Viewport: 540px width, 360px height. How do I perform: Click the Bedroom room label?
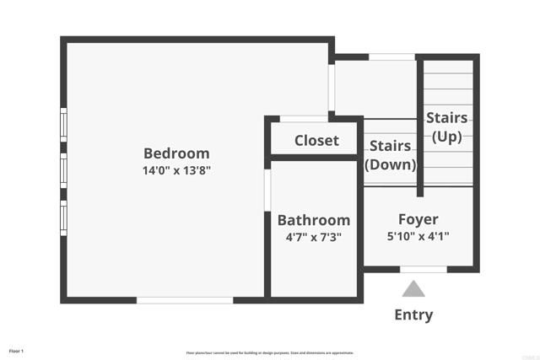pos(176,153)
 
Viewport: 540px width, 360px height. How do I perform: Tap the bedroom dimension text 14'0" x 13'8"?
pos(176,169)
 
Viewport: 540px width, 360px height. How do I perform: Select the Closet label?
pos(316,141)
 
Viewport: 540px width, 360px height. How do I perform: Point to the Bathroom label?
pos(314,220)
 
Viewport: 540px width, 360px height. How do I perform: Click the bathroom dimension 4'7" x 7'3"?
pos(314,237)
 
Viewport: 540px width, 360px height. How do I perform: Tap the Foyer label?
pos(418,220)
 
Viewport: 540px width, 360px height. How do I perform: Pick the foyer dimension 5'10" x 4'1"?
pos(418,237)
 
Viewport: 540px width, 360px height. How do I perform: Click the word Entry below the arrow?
pos(413,315)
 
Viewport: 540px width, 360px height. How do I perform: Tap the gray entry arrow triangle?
pos(413,290)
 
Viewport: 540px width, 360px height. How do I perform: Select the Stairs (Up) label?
pos(447,126)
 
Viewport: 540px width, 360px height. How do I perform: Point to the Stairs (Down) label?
pos(389,154)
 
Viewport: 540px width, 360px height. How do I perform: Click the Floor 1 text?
pos(17,351)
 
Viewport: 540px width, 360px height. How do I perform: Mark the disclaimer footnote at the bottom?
pos(270,352)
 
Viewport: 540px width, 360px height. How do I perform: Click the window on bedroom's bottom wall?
pos(185,299)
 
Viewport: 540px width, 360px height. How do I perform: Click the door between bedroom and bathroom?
pos(267,189)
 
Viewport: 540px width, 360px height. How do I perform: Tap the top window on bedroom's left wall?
pos(63,125)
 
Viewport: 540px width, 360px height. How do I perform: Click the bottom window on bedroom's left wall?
pos(63,214)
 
